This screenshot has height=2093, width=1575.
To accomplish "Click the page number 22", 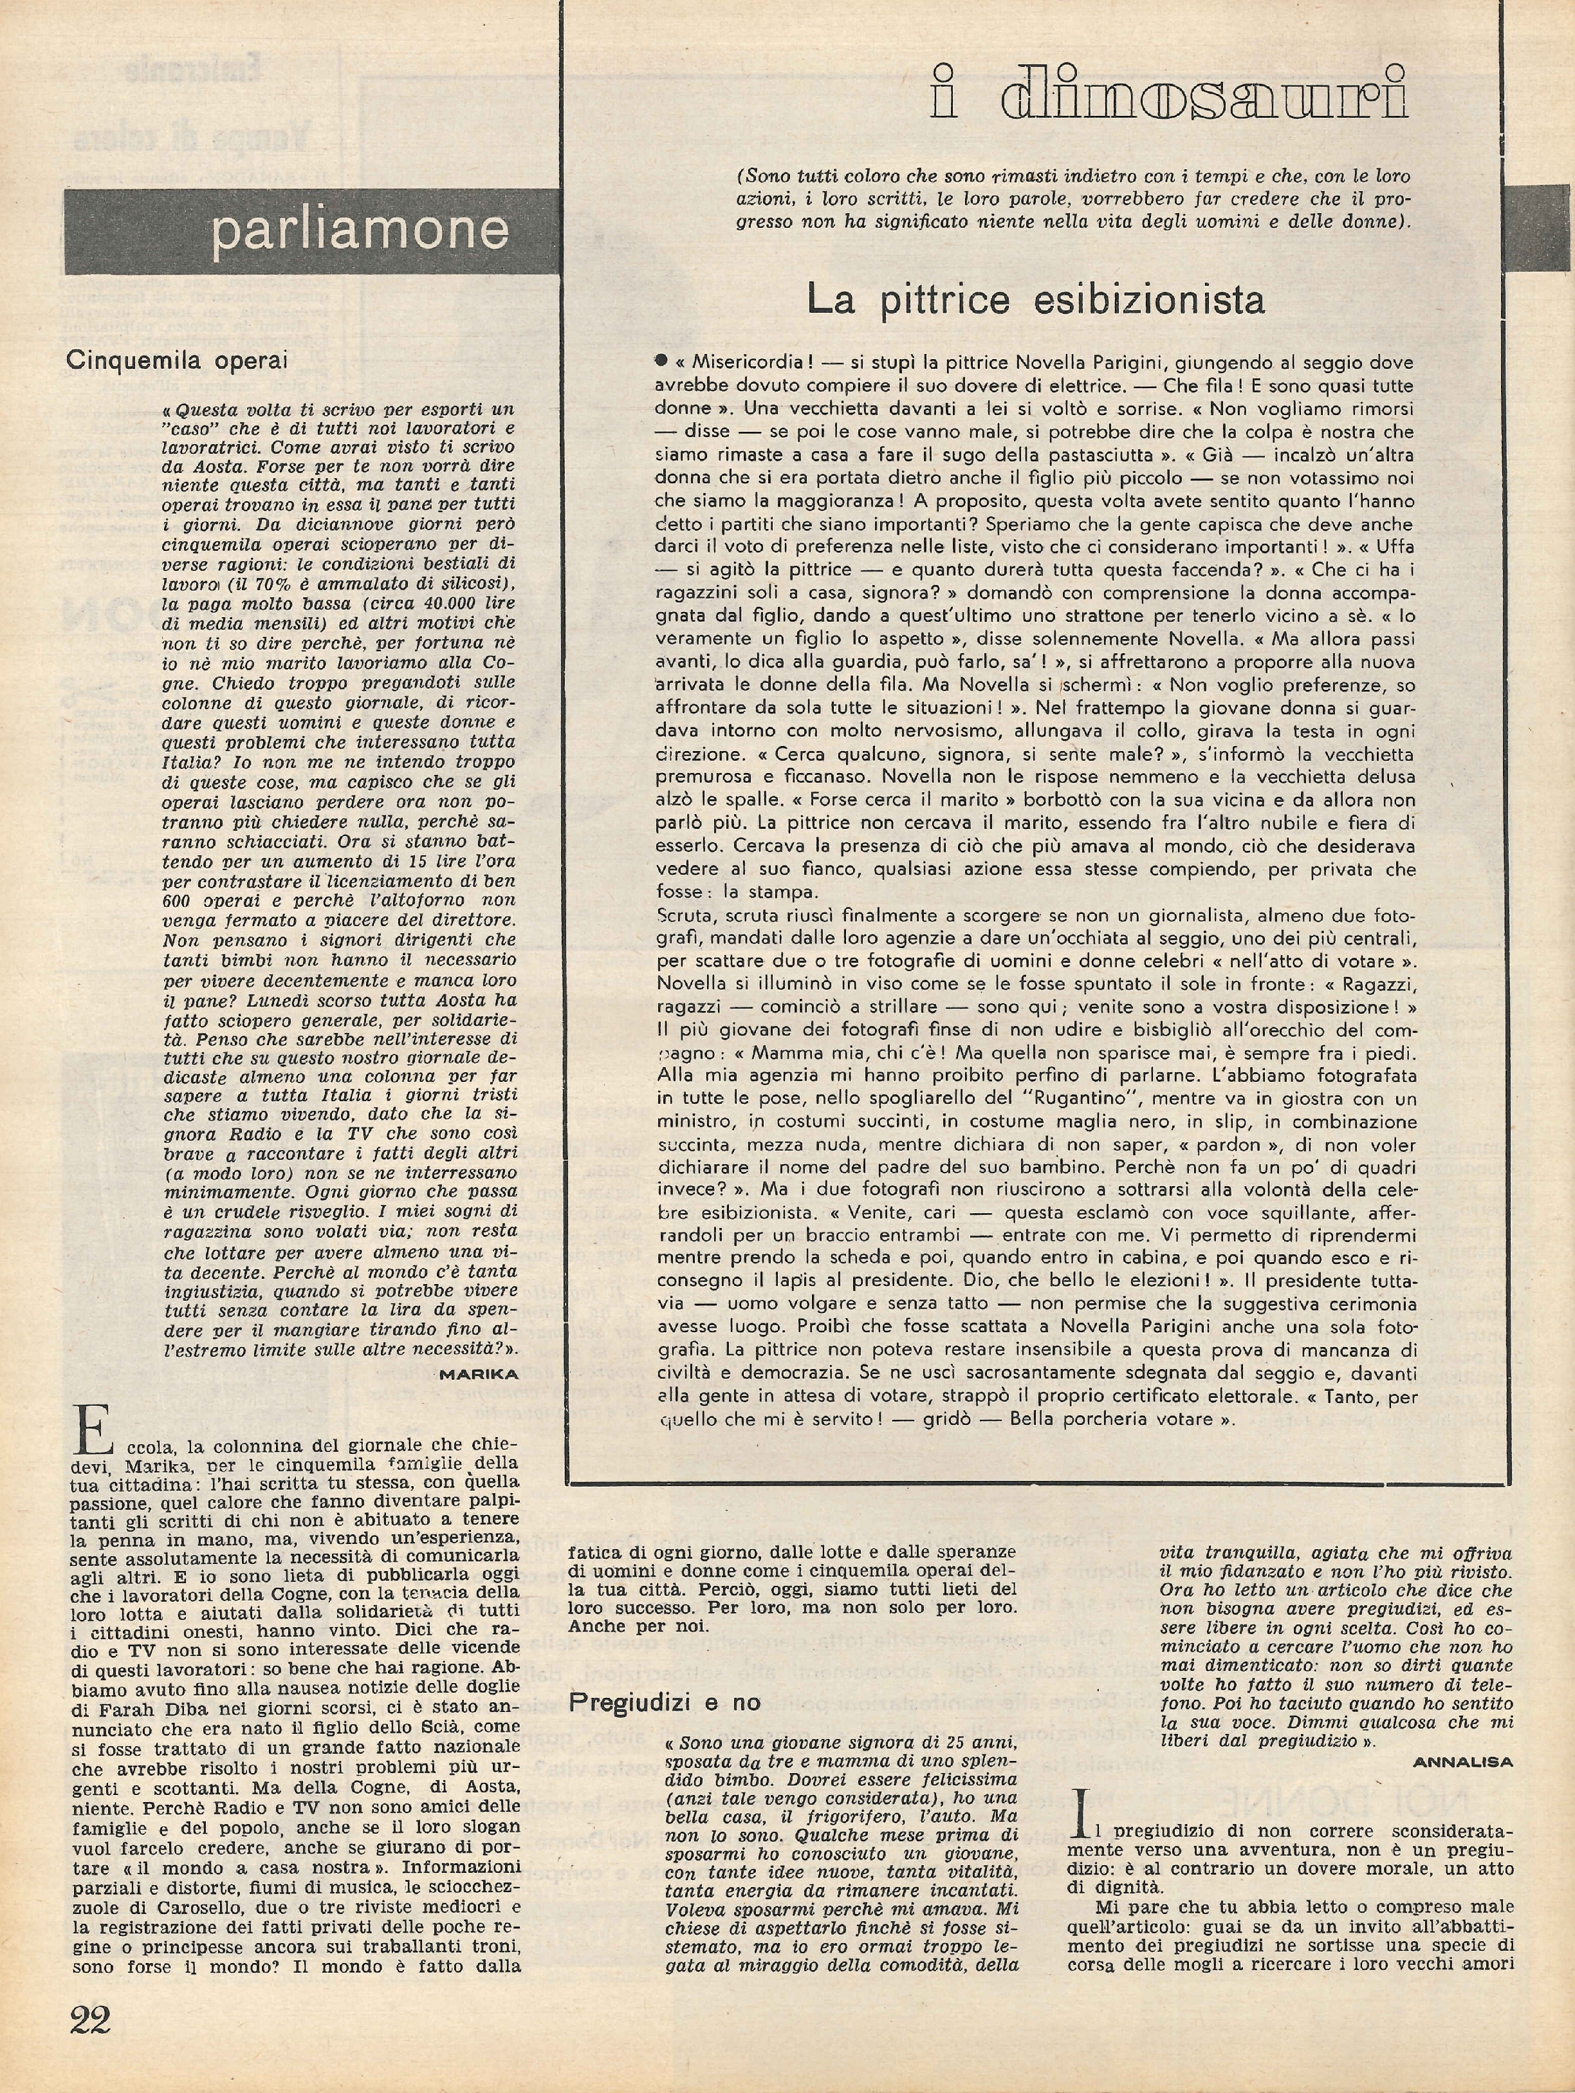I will [x=91, y=2041].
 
